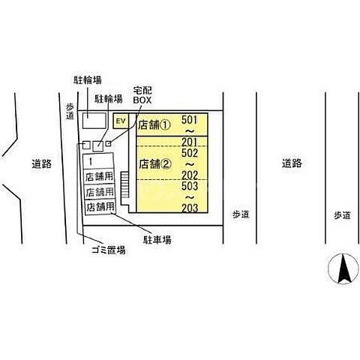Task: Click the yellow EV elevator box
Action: (121, 121)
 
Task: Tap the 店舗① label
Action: (154, 124)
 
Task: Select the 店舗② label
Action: (155, 164)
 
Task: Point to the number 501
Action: (189, 120)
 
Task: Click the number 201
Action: (189, 142)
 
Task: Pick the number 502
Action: (190, 153)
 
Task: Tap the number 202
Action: (190, 175)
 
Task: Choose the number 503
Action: (190, 186)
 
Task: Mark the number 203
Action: (190, 208)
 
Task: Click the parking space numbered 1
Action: (98, 161)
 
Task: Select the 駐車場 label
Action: (157, 240)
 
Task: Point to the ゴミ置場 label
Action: (109, 250)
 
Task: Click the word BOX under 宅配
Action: (142, 100)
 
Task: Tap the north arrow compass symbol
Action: (343, 268)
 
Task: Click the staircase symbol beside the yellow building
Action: (124, 185)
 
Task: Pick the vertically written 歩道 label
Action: (70, 111)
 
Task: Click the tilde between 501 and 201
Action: (190, 131)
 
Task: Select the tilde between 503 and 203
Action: (190, 197)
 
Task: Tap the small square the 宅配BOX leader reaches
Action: (108, 144)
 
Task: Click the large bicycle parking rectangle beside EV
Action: (94, 121)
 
